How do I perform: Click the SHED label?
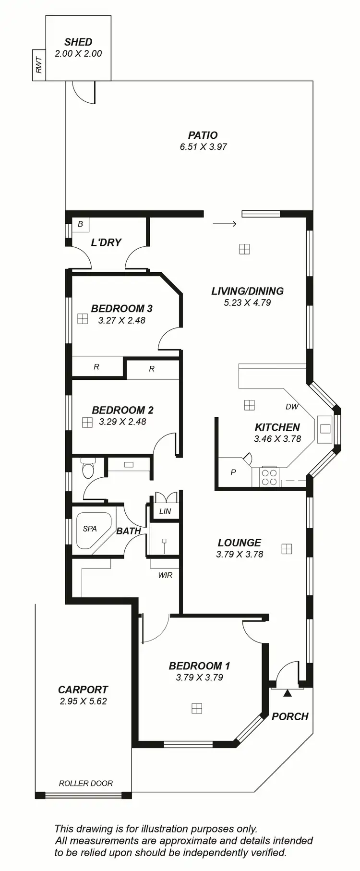pyautogui.click(x=78, y=42)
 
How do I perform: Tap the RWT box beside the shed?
pyautogui.click(x=39, y=65)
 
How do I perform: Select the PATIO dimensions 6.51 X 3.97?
pyautogui.click(x=203, y=147)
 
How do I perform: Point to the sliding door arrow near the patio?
pyautogui.click(x=224, y=224)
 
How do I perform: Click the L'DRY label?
pyautogui.click(x=106, y=242)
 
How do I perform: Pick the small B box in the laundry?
pyautogui.click(x=80, y=224)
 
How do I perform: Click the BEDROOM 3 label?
pyautogui.click(x=121, y=308)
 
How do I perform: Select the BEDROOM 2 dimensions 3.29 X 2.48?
pyautogui.click(x=122, y=422)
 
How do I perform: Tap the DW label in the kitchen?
pyautogui.click(x=292, y=406)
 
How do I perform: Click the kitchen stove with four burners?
pyautogui.click(x=269, y=477)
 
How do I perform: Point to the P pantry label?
pyautogui.click(x=233, y=472)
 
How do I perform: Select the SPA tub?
pyautogui.click(x=92, y=530)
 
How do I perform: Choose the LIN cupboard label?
pyautogui.click(x=165, y=511)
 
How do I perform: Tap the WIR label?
pyautogui.click(x=165, y=575)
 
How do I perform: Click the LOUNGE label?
pyautogui.click(x=239, y=543)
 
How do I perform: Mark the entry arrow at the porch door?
pyautogui.click(x=288, y=692)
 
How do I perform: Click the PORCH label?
pyautogui.click(x=290, y=716)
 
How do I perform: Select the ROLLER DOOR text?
pyautogui.click(x=86, y=783)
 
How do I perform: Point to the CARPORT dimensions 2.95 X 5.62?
pyautogui.click(x=83, y=701)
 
